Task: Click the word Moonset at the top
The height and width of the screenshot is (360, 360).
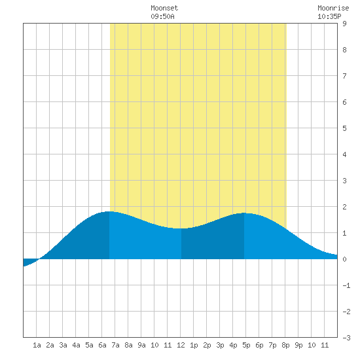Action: coord(164,8)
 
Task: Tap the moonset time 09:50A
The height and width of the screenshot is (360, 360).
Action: coord(162,16)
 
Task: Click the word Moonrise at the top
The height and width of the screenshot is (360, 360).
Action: coord(333,8)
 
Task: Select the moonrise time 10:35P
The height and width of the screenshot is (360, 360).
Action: coord(329,16)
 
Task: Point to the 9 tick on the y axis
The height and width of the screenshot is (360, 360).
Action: coord(344,24)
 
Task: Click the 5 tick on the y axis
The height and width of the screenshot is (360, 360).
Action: coord(344,128)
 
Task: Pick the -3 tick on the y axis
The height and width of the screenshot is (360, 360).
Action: coord(346,338)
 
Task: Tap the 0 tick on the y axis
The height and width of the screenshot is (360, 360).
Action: coord(344,259)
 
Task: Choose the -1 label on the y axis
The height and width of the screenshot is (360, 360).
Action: coord(346,285)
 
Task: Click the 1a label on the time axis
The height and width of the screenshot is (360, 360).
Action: coord(37,345)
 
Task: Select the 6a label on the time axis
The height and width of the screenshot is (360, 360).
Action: coord(102,345)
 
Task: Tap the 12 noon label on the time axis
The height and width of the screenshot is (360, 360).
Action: coord(181,345)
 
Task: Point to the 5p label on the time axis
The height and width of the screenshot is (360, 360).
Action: coord(246,345)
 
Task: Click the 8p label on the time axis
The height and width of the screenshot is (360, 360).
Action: coord(285,345)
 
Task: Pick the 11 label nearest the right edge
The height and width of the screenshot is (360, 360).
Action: coord(325,345)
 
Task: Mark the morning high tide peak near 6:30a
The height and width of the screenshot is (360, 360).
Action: coord(109,211)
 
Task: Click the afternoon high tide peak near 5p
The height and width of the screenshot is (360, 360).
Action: coord(244,213)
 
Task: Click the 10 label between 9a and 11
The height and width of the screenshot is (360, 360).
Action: coord(154,345)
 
